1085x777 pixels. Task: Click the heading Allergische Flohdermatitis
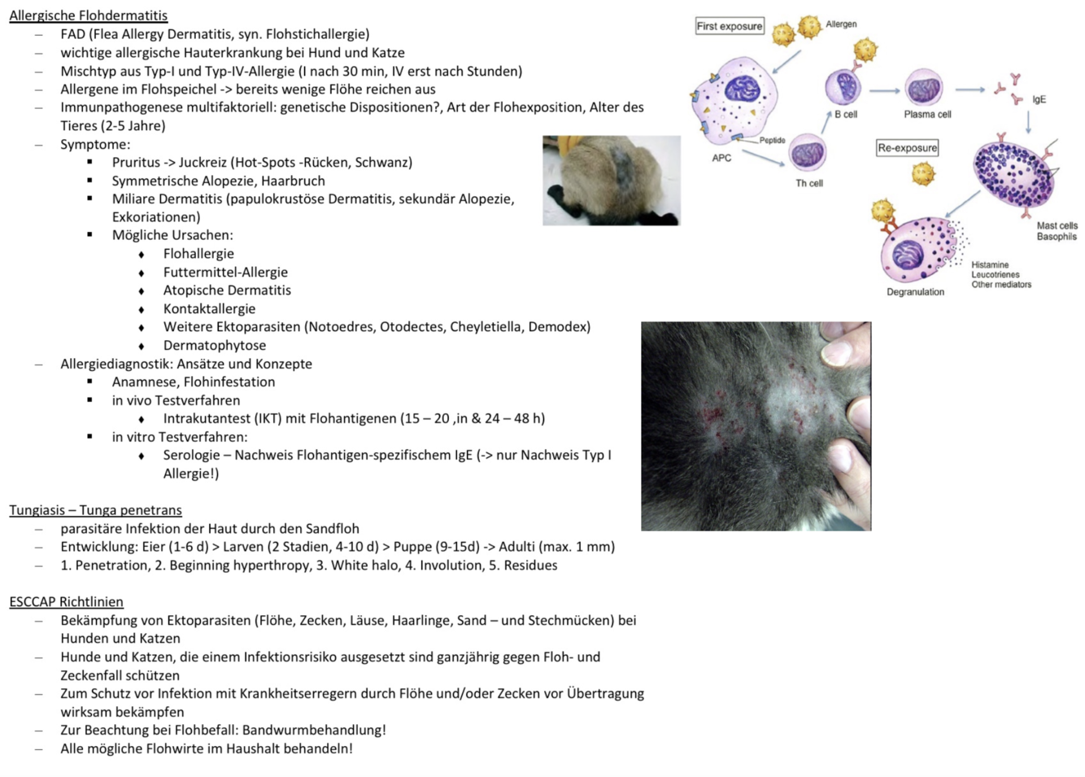[x=88, y=15]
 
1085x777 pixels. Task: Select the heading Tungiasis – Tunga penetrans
[x=95, y=510]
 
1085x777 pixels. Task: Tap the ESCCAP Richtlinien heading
[x=66, y=602]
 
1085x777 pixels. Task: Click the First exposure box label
[x=730, y=26]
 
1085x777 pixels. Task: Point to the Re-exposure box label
[x=907, y=148]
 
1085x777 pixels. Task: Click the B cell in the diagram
[x=843, y=86]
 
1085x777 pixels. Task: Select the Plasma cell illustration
[x=925, y=88]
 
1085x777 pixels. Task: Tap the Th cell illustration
[x=808, y=154]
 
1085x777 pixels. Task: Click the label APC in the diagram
[x=721, y=158]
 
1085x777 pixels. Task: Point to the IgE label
[x=1039, y=99]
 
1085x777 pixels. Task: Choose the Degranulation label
[x=915, y=292]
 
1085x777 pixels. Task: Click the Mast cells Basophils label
[x=1057, y=231]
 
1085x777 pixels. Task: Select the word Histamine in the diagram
[x=990, y=265]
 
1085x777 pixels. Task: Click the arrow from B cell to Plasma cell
[x=884, y=90]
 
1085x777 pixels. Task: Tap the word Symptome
[x=94, y=144]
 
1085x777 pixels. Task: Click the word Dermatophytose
[x=214, y=345]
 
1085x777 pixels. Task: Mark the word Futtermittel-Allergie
[x=225, y=272]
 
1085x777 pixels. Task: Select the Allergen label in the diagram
[x=841, y=24]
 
